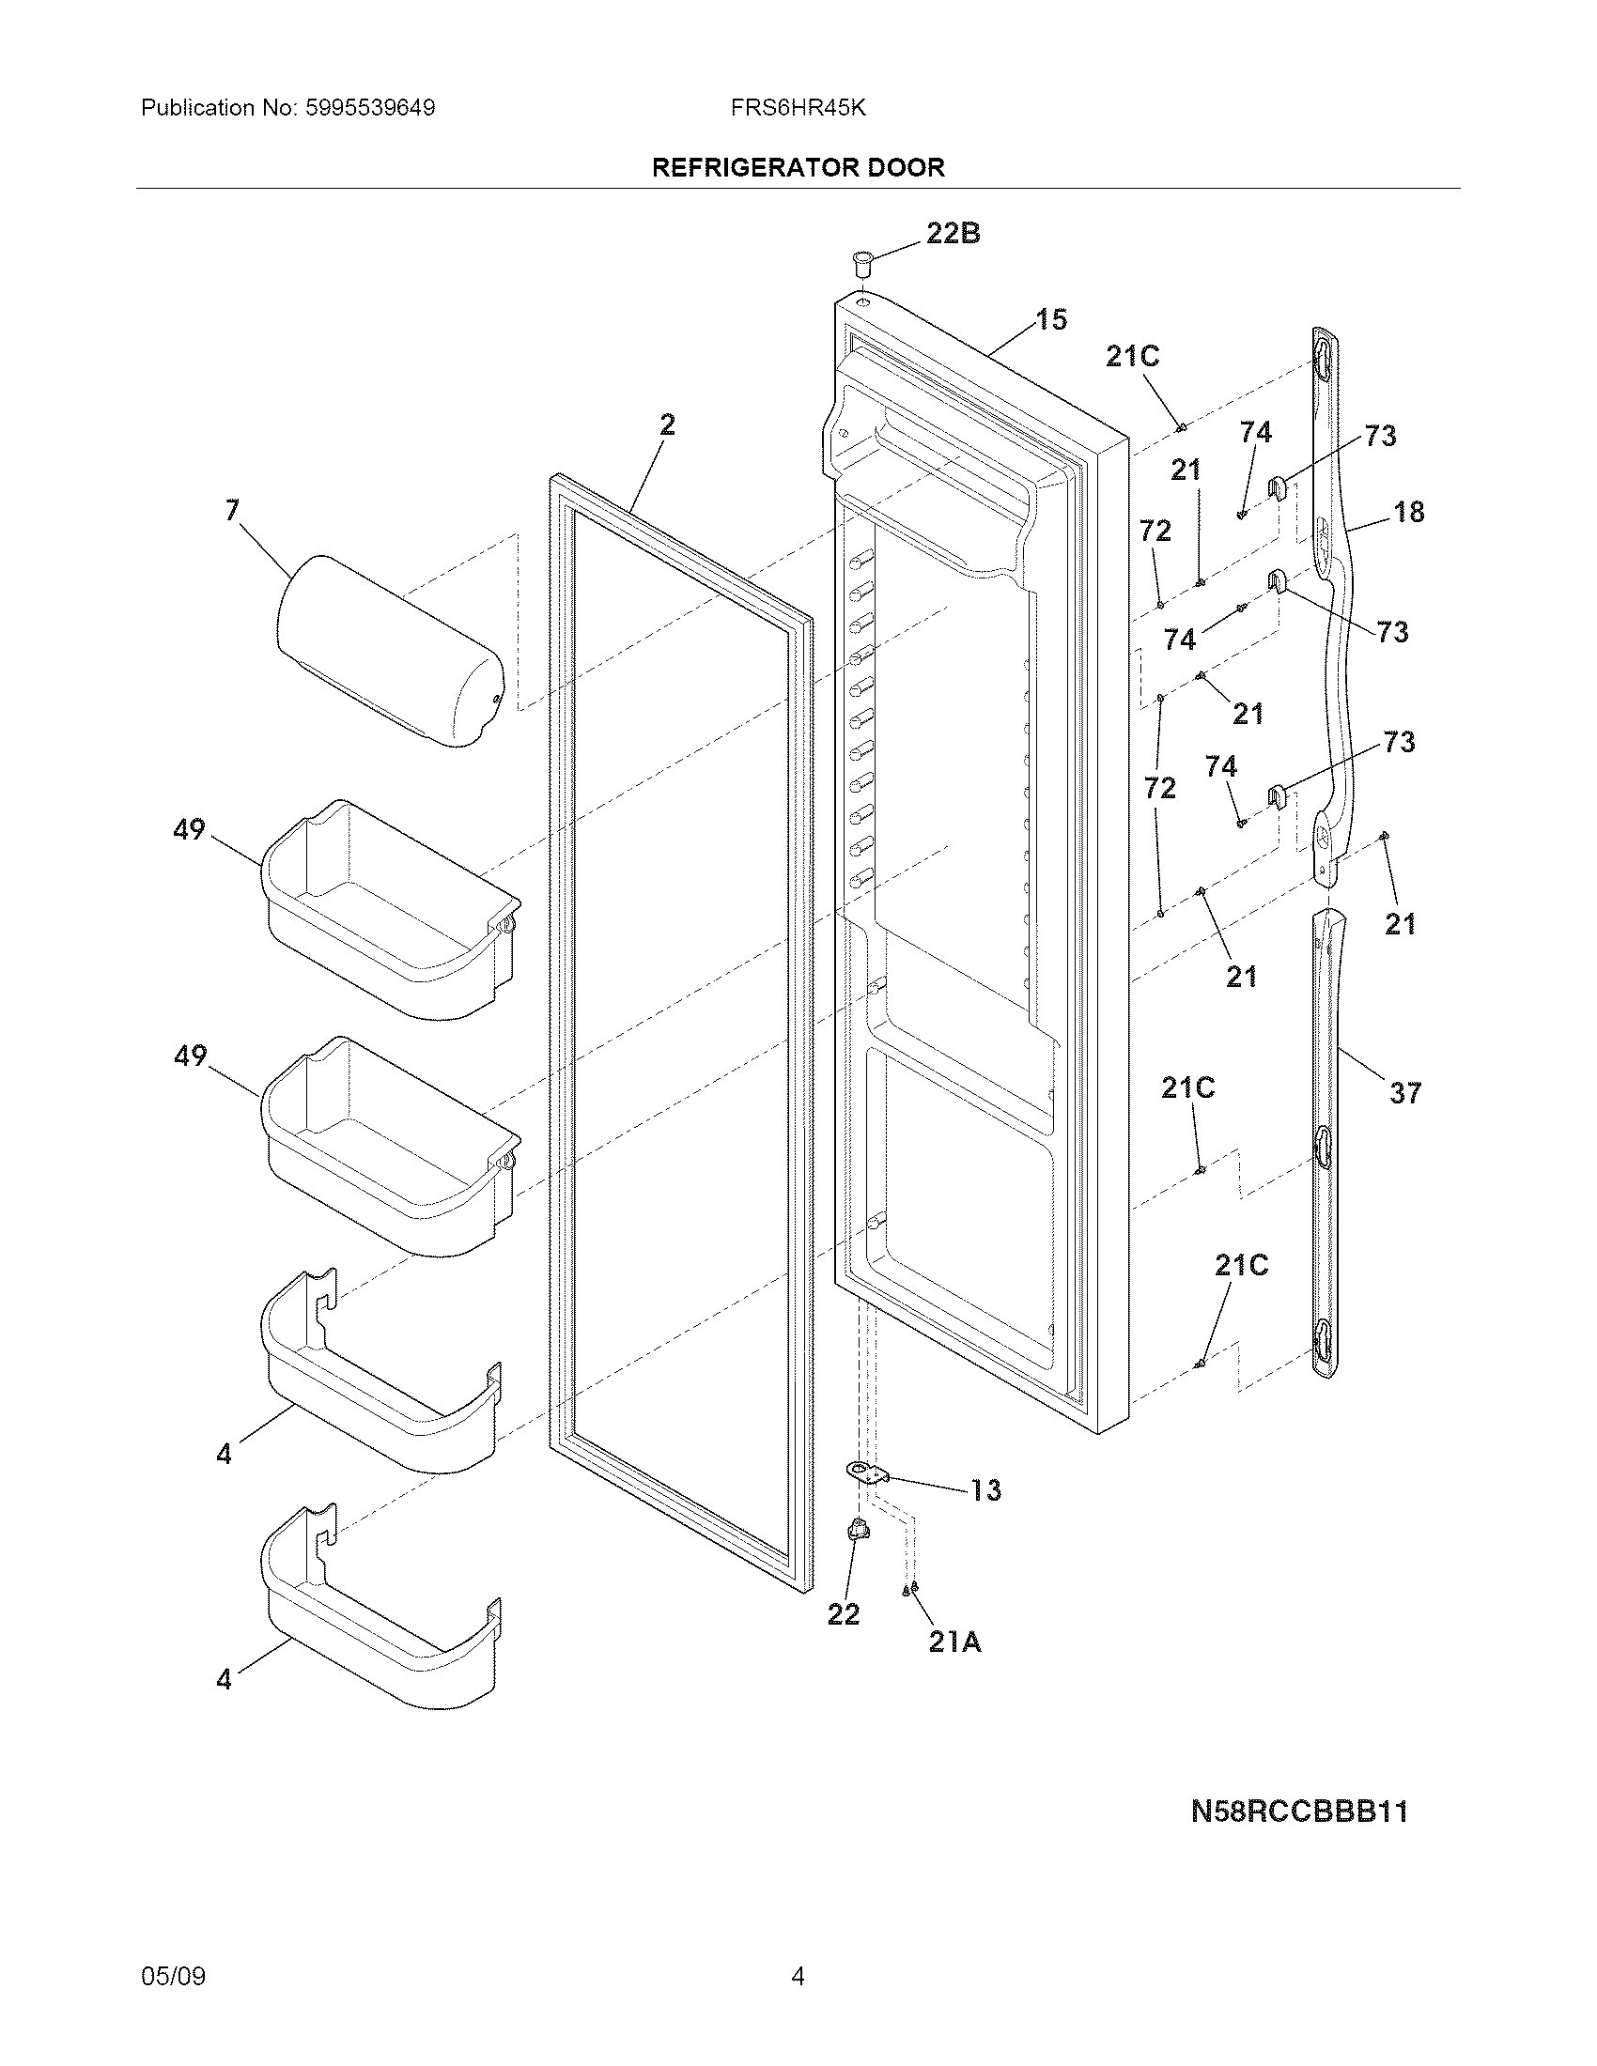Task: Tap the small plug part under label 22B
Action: click(861, 262)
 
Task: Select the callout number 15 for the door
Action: click(1051, 319)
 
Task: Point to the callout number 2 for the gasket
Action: click(667, 425)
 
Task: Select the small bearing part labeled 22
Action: click(858, 1530)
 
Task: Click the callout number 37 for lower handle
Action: click(1405, 1093)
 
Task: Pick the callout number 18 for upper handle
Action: click(1409, 512)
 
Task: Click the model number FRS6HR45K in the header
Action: click(798, 108)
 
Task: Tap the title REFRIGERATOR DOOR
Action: click(798, 168)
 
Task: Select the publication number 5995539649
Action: click(369, 108)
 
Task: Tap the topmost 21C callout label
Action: click(1133, 357)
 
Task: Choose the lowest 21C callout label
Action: click(1240, 1266)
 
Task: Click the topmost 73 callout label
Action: click(1379, 436)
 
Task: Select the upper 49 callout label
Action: click(189, 829)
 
